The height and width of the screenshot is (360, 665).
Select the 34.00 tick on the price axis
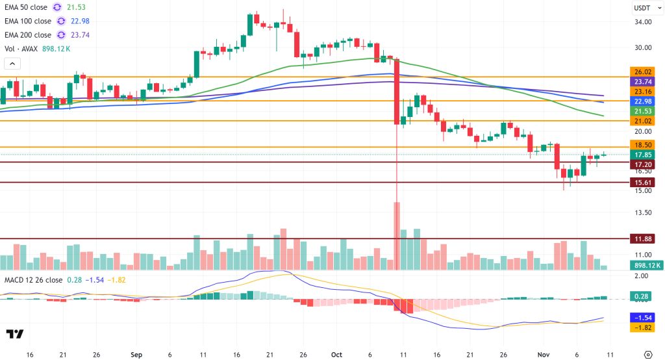point(642,21)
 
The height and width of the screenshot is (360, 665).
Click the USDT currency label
point(642,8)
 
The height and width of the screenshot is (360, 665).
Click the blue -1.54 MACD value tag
point(642,318)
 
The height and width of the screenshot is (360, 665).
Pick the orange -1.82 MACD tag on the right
point(642,328)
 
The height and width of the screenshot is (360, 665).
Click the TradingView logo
point(14,334)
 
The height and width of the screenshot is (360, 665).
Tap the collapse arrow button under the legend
point(12,64)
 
